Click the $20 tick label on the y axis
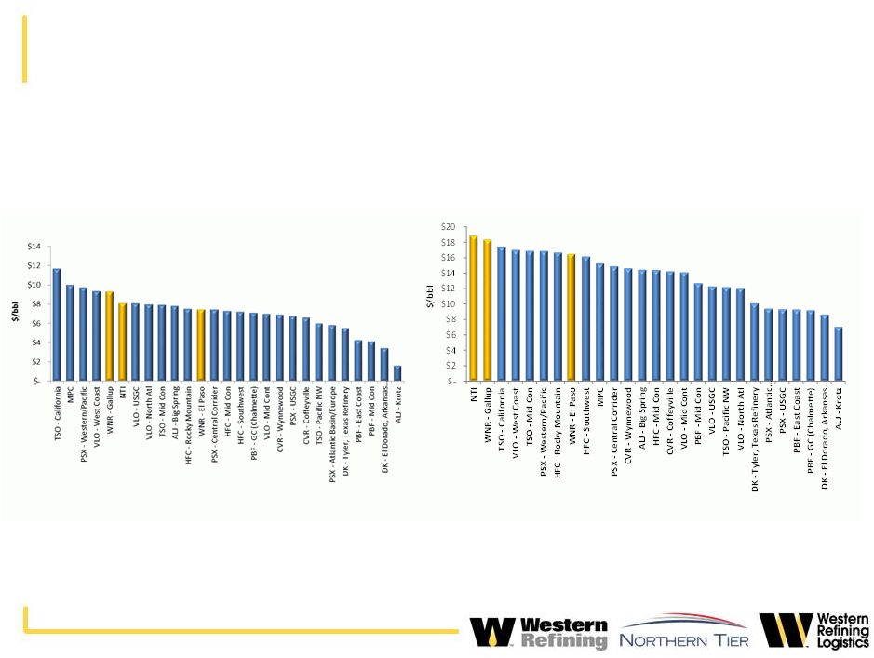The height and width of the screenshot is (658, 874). [x=448, y=227]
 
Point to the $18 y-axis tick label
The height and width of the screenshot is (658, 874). [x=448, y=242]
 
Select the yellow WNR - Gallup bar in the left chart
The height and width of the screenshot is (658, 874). [x=109, y=335]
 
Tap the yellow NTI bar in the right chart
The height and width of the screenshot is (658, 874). [x=473, y=308]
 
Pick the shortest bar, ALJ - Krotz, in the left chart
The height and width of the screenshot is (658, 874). [x=397, y=372]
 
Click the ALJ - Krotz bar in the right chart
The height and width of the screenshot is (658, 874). [x=839, y=354]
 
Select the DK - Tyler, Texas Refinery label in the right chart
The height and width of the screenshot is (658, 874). [x=755, y=436]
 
